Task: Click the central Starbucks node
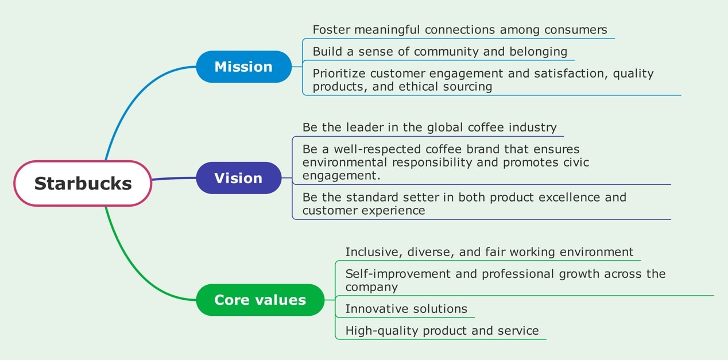(83, 183)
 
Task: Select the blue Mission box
(244, 67)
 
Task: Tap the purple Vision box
(238, 178)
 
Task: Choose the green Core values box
(260, 300)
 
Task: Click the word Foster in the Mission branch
(331, 29)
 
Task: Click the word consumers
(576, 30)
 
